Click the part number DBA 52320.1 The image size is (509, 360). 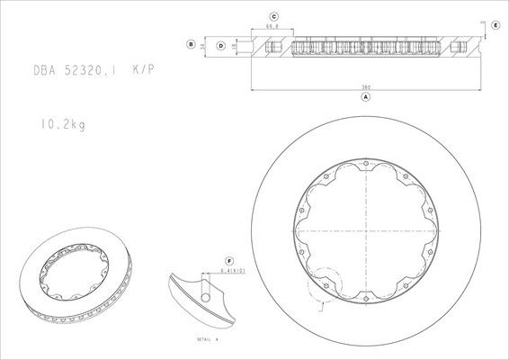(76, 69)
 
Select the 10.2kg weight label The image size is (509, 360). (62, 125)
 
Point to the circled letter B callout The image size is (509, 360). (191, 43)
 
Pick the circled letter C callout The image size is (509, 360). (273, 16)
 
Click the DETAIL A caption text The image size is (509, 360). (208, 339)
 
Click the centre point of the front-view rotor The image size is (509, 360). (367, 231)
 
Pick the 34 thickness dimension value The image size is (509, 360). (203, 43)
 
